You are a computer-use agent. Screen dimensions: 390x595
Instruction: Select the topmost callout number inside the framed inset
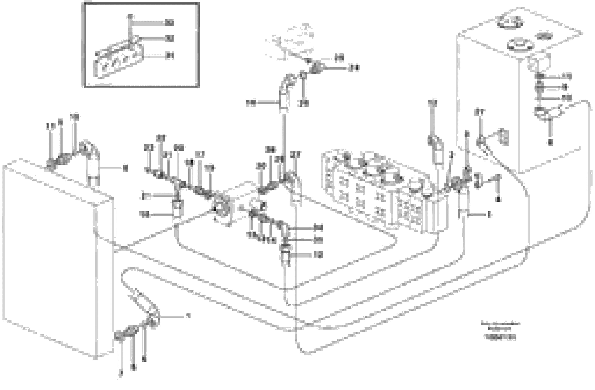click(x=170, y=22)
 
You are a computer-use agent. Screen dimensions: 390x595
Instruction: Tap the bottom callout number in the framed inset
click(x=170, y=56)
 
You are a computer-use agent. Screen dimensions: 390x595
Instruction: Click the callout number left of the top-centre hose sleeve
click(x=251, y=103)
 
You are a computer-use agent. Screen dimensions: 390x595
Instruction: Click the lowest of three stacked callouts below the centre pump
click(x=319, y=255)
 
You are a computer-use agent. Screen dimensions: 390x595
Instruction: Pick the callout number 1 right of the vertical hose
click(x=489, y=214)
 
